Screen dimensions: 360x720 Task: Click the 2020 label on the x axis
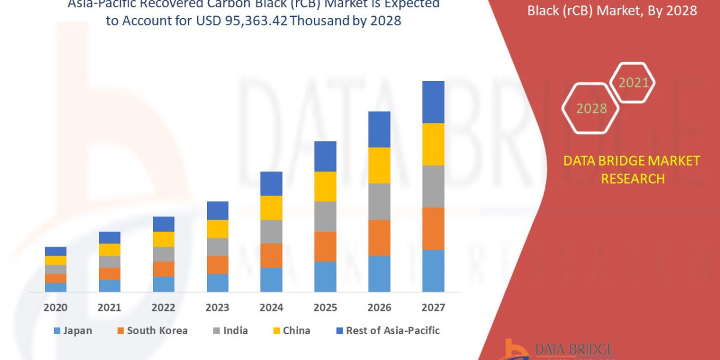(55, 308)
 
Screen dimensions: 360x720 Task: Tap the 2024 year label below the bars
(271, 308)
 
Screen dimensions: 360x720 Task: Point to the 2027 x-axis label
(433, 308)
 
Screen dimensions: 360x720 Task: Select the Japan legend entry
(73, 331)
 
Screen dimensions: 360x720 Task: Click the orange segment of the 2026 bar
(379, 238)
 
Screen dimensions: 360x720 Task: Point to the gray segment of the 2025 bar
(325, 216)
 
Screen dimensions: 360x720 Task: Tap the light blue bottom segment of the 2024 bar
(271, 280)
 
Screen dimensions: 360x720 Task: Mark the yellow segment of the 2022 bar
(163, 239)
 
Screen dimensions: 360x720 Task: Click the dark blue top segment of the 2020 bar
(55, 251)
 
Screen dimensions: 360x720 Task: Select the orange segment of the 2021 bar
(109, 274)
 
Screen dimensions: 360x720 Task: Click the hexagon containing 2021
(632, 83)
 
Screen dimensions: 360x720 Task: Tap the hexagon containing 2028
(591, 109)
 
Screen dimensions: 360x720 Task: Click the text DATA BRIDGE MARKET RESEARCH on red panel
(631, 169)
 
